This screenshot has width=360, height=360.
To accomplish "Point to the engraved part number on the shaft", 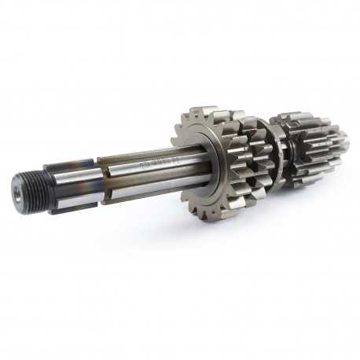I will click(153, 165).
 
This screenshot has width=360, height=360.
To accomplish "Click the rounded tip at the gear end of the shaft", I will click(344, 141).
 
